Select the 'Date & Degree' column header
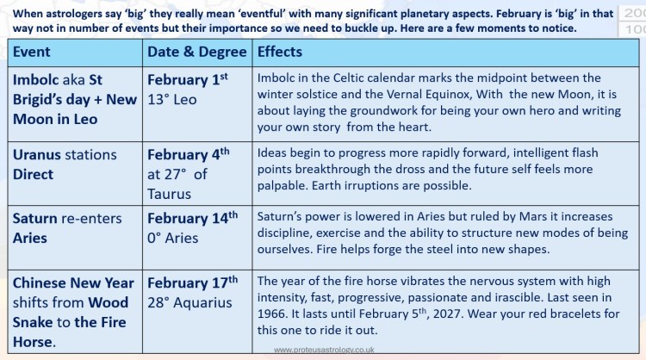[198, 52]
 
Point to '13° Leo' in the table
[172, 99]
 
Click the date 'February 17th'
[192, 283]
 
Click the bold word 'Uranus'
[40, 155]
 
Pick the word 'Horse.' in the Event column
[38, 342]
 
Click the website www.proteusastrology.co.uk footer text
[324, 350]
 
